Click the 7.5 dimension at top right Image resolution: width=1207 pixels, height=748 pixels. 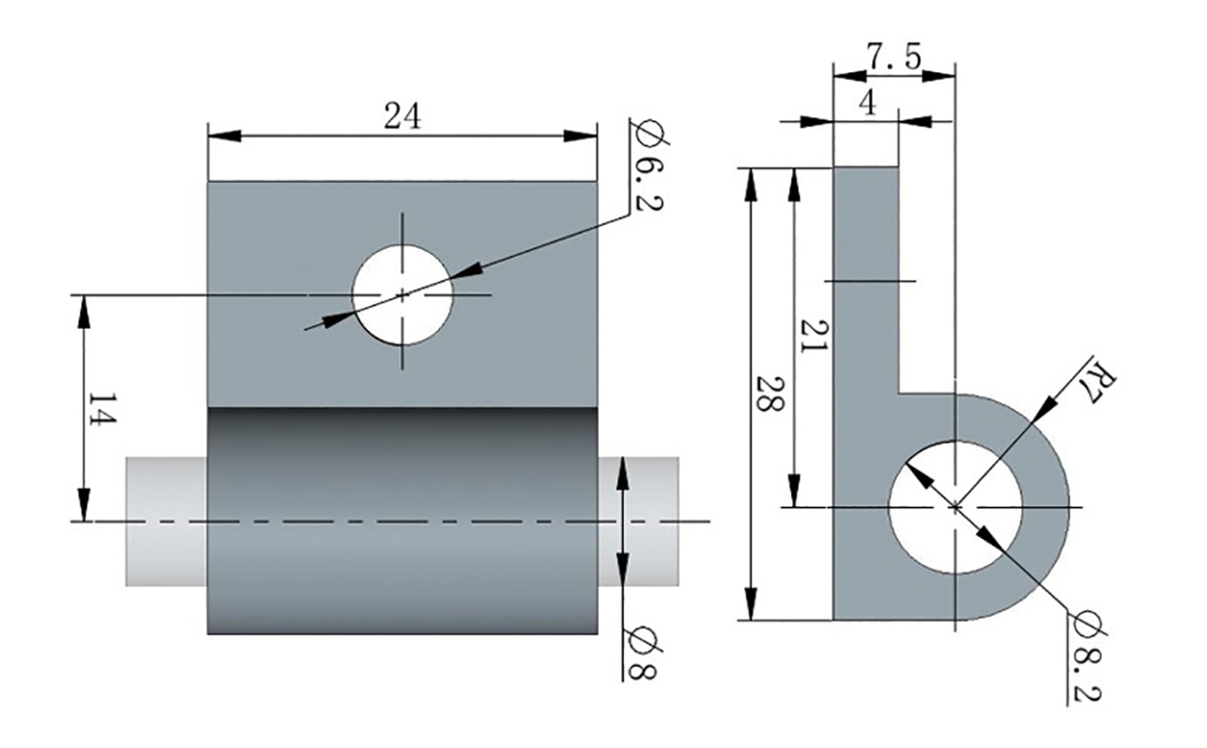pos(894,59)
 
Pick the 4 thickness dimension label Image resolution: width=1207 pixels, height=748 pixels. pos(867,103)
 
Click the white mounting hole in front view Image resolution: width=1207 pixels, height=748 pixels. pos(402,294)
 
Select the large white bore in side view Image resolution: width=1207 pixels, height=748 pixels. pos(955,506)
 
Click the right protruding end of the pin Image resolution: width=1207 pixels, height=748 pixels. pos(638,520)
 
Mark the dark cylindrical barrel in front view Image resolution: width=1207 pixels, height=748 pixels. pos(402,520)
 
